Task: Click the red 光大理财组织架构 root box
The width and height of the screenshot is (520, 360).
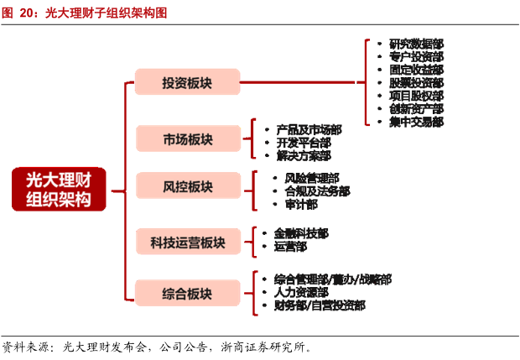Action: pos(60,189)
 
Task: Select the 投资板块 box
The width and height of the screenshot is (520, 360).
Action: pos(187,83)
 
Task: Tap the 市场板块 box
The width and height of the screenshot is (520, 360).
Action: pos(187,140)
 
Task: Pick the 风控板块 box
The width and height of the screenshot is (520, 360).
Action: pos(187,187)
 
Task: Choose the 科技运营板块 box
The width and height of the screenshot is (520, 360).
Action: pos(187,243)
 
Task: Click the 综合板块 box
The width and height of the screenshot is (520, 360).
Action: pos(187,293)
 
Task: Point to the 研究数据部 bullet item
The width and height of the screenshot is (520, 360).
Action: pos(416,43)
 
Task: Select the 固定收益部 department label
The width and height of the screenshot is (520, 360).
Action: pos(416,70)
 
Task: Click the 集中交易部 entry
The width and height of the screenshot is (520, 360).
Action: pos(416,123)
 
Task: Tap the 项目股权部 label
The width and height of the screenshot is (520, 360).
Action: pos(416,96)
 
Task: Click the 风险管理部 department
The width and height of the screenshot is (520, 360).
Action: pos(312,178)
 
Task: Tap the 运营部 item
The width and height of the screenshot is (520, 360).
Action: pos(290,247)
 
